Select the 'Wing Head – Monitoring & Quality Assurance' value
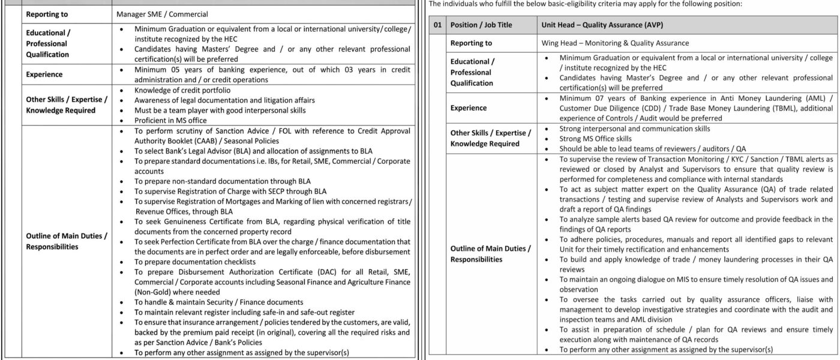click(614, 43)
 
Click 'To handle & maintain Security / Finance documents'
click(218, 301)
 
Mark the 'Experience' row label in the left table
click(44, 75)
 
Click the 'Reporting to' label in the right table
click(471, 43)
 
